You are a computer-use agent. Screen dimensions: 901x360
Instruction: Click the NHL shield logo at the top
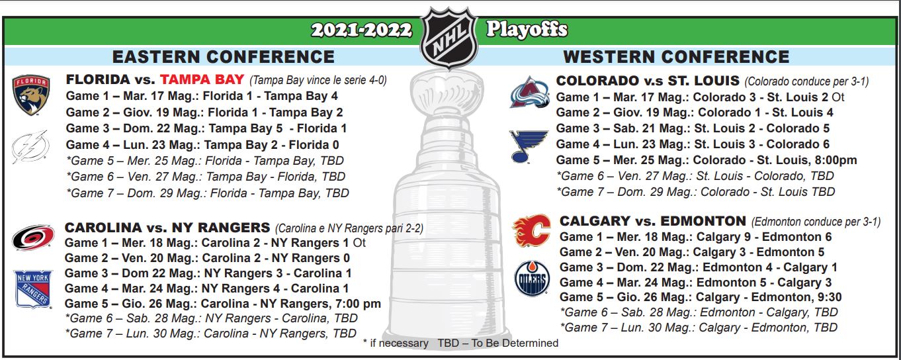[x=449, y=38]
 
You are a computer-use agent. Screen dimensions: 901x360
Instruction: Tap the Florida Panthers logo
[x=31, y=95]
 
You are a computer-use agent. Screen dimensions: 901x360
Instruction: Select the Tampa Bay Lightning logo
[x=30, y=147]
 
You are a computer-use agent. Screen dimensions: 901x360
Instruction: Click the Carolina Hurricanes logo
[x=33, y=238]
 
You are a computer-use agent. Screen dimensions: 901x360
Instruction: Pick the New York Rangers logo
[x=33, y=289]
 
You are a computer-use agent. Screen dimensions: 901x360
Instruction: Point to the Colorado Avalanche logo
[x=529, y=92]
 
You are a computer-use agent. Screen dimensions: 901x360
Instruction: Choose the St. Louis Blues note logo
[x=528, y=146]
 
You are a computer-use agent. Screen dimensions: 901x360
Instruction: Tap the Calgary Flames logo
[x=531, y=230]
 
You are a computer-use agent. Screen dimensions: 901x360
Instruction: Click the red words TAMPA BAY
[x=202, y=79]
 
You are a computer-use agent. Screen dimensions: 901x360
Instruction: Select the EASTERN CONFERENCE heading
[x=223, y=57]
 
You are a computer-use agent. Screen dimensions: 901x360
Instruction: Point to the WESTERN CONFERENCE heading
[x=676, y=57]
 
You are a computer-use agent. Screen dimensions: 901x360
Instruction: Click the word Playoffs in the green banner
[x=527, y=29]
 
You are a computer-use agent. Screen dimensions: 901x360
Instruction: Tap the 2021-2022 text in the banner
[x=362, y=30]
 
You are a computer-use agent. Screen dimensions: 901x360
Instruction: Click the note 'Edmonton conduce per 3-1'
[x=816, y=222]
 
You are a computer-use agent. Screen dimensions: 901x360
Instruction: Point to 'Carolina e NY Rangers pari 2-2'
[x=349, y=228]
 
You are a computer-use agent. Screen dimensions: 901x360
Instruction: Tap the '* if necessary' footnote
[x=396, y=343]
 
